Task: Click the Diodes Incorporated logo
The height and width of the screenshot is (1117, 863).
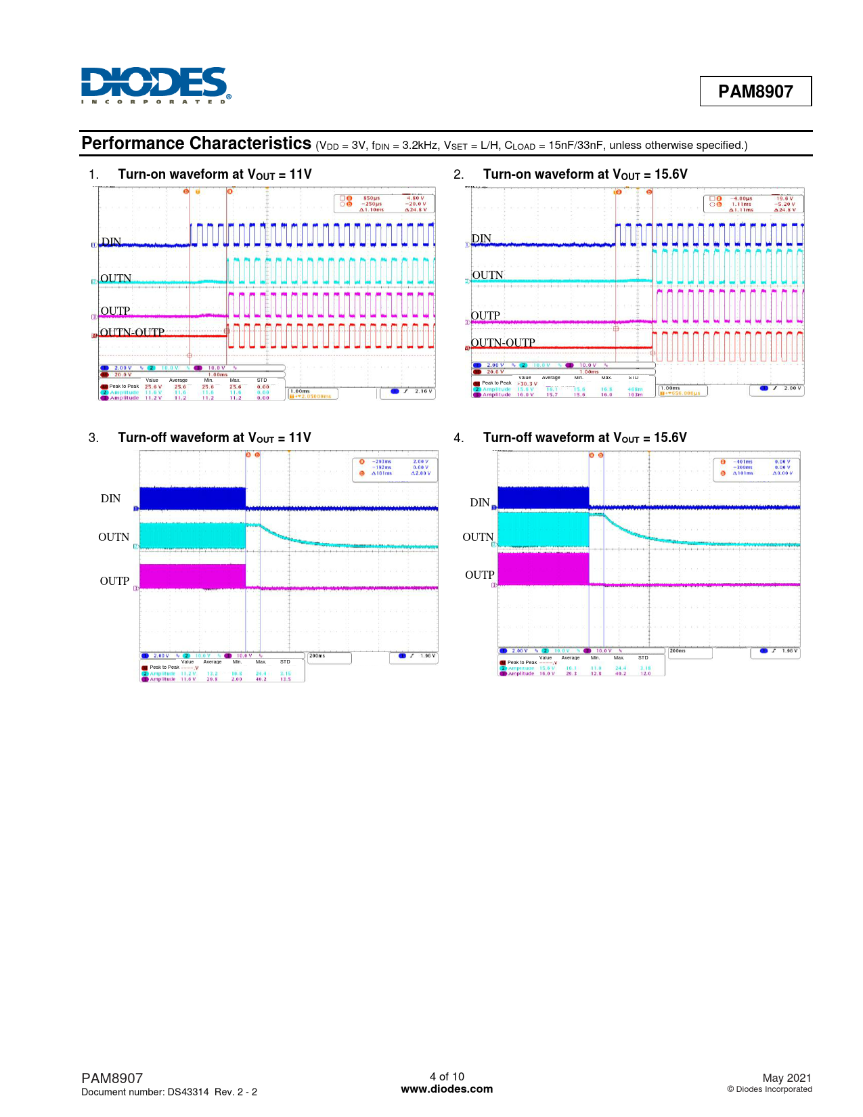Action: pyautogui.click(x=156, y=85)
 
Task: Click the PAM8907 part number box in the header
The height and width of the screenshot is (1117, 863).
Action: pyautogui.click(x=755, y=91)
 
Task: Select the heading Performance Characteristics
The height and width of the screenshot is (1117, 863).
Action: pyautogui.click(x=196, y=144)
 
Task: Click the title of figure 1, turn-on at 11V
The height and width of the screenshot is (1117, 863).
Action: pyautogui.click(x=215, y=175)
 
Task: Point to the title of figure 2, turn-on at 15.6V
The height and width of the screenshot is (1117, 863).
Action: pyautogui.click(x=585, y=175)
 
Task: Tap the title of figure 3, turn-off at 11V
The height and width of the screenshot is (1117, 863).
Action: pyautogui.click(x=214, y=438)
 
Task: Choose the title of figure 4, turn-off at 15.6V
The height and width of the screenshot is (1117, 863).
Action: pyautogui.click(x=585, y=438)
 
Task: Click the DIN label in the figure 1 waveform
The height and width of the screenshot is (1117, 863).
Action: pyautogui.click(x=111, y=242)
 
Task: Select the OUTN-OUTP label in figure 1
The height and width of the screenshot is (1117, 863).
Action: pyautogui.click(x=132, y=332)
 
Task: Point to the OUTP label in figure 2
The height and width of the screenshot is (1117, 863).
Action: pyautogui.click(x=485, y=315)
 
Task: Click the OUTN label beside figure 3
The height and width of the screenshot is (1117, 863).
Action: pyautogui.click(x=114, y=537)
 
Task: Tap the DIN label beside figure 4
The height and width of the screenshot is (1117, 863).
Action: pyautogui.click(x=479, y=502)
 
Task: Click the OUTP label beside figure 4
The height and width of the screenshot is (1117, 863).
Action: pyautogui.click(x=479, y=575)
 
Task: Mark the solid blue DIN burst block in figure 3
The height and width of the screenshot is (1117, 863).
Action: pyautogui.click(x=192, y=498)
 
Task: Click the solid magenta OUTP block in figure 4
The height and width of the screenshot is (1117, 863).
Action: pyautogui.click(x=543, y=569)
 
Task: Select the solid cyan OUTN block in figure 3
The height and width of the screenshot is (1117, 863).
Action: pyautogui.click(x=192, y=535)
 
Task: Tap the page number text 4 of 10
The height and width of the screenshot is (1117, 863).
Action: pyautogui.click(x=447, y=1076)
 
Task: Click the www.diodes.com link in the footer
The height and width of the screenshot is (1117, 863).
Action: pyautogui.click(x=447, y=1089)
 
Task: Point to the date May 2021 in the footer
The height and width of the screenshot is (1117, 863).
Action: pyautogui.click(x=787, y=1078)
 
